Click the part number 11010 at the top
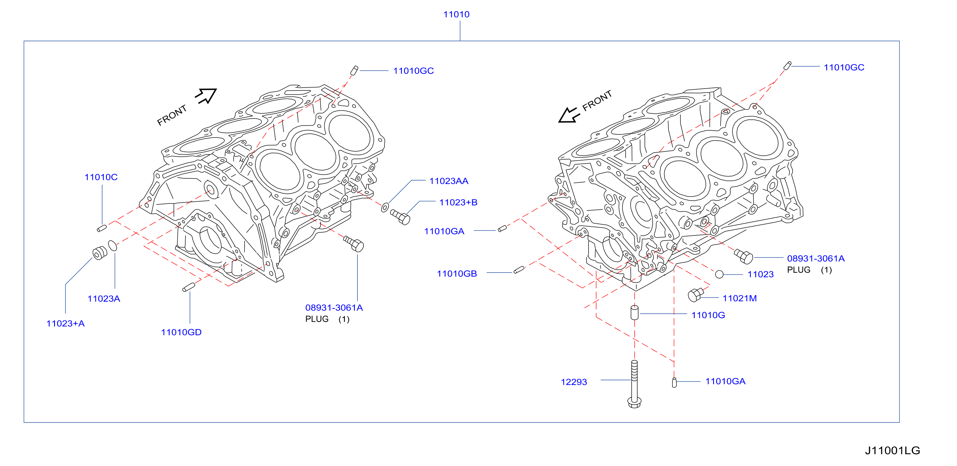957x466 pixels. point(456,14)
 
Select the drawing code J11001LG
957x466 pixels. point(892,450)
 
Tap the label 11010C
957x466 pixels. point(101,177)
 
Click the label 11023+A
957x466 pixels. point(65,323)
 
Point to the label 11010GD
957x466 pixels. point(181,333)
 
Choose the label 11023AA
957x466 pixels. point(449,181)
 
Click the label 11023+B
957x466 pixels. point(458,203)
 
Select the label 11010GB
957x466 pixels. point(457,274)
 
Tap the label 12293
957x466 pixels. point(574,382)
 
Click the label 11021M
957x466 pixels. point(740,298)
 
